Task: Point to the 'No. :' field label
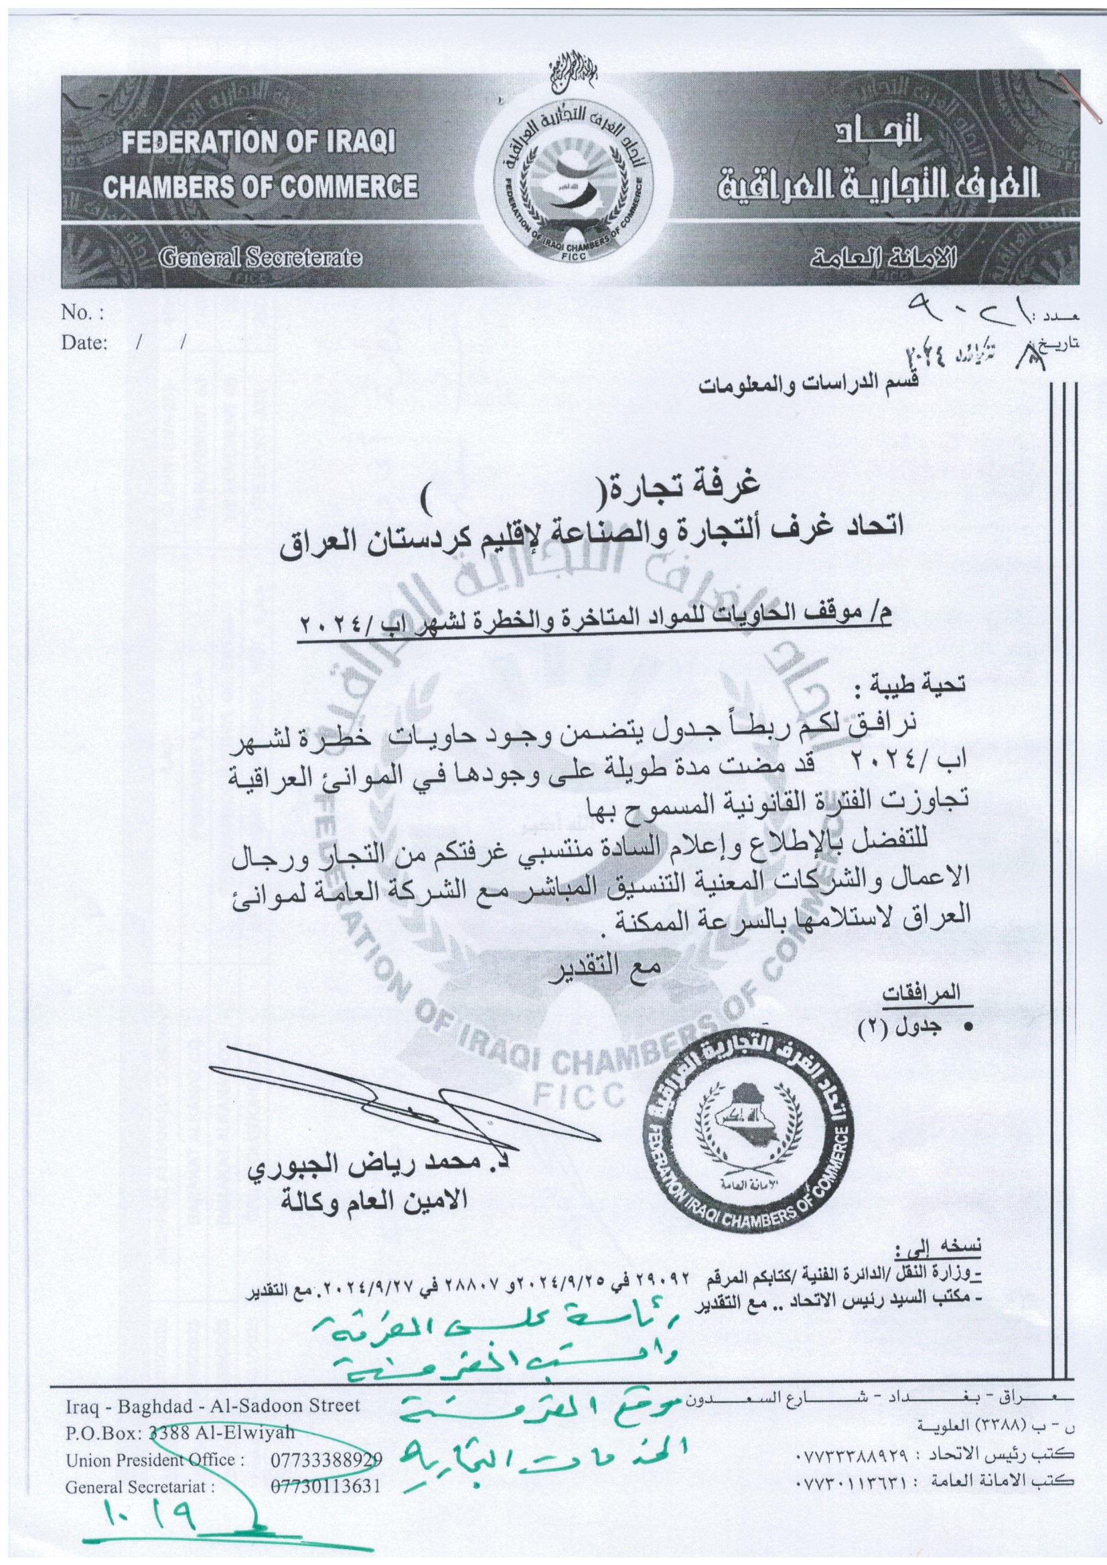tap(82, 313)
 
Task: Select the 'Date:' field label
tap(85, 343)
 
